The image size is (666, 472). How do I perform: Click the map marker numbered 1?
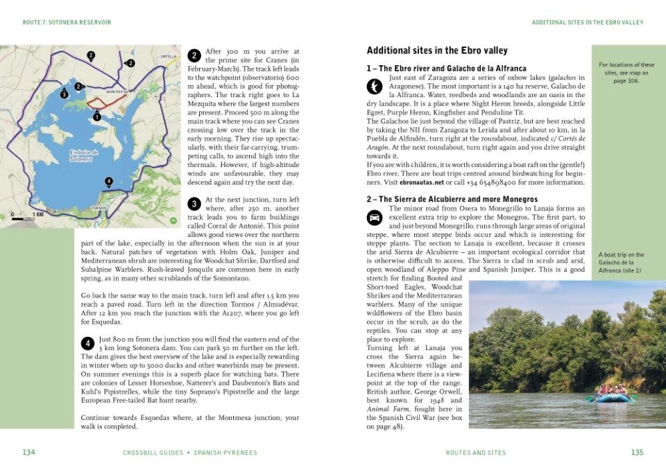click(97, 117)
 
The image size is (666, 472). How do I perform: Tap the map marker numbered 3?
click(64, 94)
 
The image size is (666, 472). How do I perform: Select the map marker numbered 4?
click(108, 182)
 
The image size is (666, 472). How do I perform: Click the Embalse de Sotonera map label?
click(83, 156)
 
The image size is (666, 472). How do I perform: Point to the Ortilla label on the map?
click(169, 56)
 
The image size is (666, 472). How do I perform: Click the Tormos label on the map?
click(99, 208)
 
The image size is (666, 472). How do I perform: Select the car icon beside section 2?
click(375, 217)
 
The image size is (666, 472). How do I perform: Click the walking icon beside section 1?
click(375, 86)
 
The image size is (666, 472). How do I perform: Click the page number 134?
click(28, 453)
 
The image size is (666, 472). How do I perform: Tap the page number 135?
click(637, 453)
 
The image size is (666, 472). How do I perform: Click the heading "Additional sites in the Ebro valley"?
click(437, 51)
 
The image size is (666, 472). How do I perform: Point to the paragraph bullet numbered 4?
click(88, 343)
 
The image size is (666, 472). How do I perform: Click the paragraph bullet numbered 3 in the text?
click(195, 204)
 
